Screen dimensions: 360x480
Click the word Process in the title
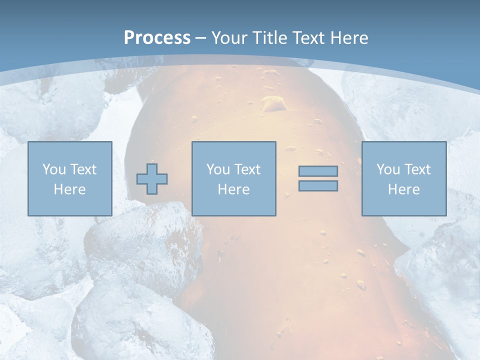tap(157, 37)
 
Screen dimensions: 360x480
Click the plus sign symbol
tap(152, 178)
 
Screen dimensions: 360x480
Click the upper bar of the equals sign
tap(318, 171)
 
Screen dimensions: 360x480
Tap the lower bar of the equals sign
tap(318, 186)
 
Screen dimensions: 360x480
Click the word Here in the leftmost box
tap(70, 189)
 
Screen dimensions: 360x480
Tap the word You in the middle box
tap(218, 169)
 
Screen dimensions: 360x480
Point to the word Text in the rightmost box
tap(418, 169)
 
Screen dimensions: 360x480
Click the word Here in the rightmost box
tap(404, 189)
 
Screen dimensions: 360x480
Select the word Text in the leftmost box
tap(83, 169)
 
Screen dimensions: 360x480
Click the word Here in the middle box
tap(234, 189)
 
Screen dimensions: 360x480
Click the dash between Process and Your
tap(201, 38)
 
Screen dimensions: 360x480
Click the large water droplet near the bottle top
tap(272, 103)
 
